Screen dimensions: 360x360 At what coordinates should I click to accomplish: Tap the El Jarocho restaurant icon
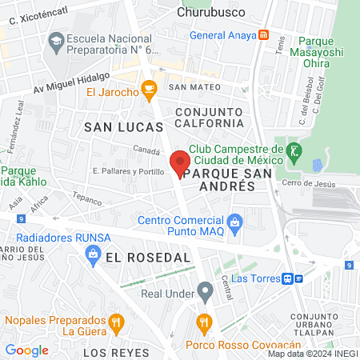click(x=148, y=90)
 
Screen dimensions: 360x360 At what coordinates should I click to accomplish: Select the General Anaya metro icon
click(x=264, y=35)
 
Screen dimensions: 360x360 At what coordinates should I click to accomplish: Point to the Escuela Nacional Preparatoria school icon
click(x=56, y=40)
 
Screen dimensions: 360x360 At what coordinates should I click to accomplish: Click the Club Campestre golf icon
click(x=294, y=150)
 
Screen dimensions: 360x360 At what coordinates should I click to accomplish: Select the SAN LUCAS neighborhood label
click(x=123, y=126)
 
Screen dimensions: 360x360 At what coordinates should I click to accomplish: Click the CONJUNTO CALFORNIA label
click(x=209, y=117)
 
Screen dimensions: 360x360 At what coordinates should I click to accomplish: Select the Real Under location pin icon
click(x=206, y=290)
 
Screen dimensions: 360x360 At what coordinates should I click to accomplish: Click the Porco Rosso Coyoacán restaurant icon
click(x=204, y=324)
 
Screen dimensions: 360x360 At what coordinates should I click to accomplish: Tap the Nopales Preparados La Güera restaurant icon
click(x=117, y=323)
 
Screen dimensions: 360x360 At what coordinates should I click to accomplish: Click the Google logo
click(x=26, y=350)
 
